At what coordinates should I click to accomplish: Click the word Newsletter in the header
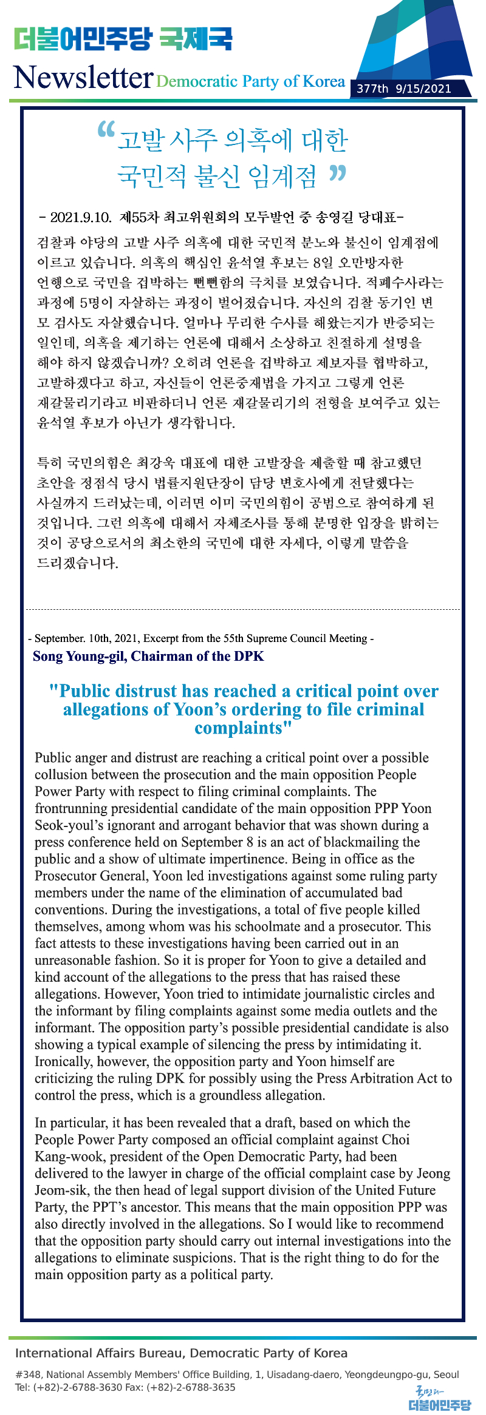83,78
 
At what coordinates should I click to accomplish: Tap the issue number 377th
372,89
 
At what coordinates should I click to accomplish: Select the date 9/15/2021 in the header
423,89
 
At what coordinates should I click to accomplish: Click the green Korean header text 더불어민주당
81,39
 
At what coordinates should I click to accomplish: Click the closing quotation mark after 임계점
337,174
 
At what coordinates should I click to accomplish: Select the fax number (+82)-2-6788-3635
191,1387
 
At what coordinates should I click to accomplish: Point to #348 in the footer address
28,1375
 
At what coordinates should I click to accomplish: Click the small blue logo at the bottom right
439,1400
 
